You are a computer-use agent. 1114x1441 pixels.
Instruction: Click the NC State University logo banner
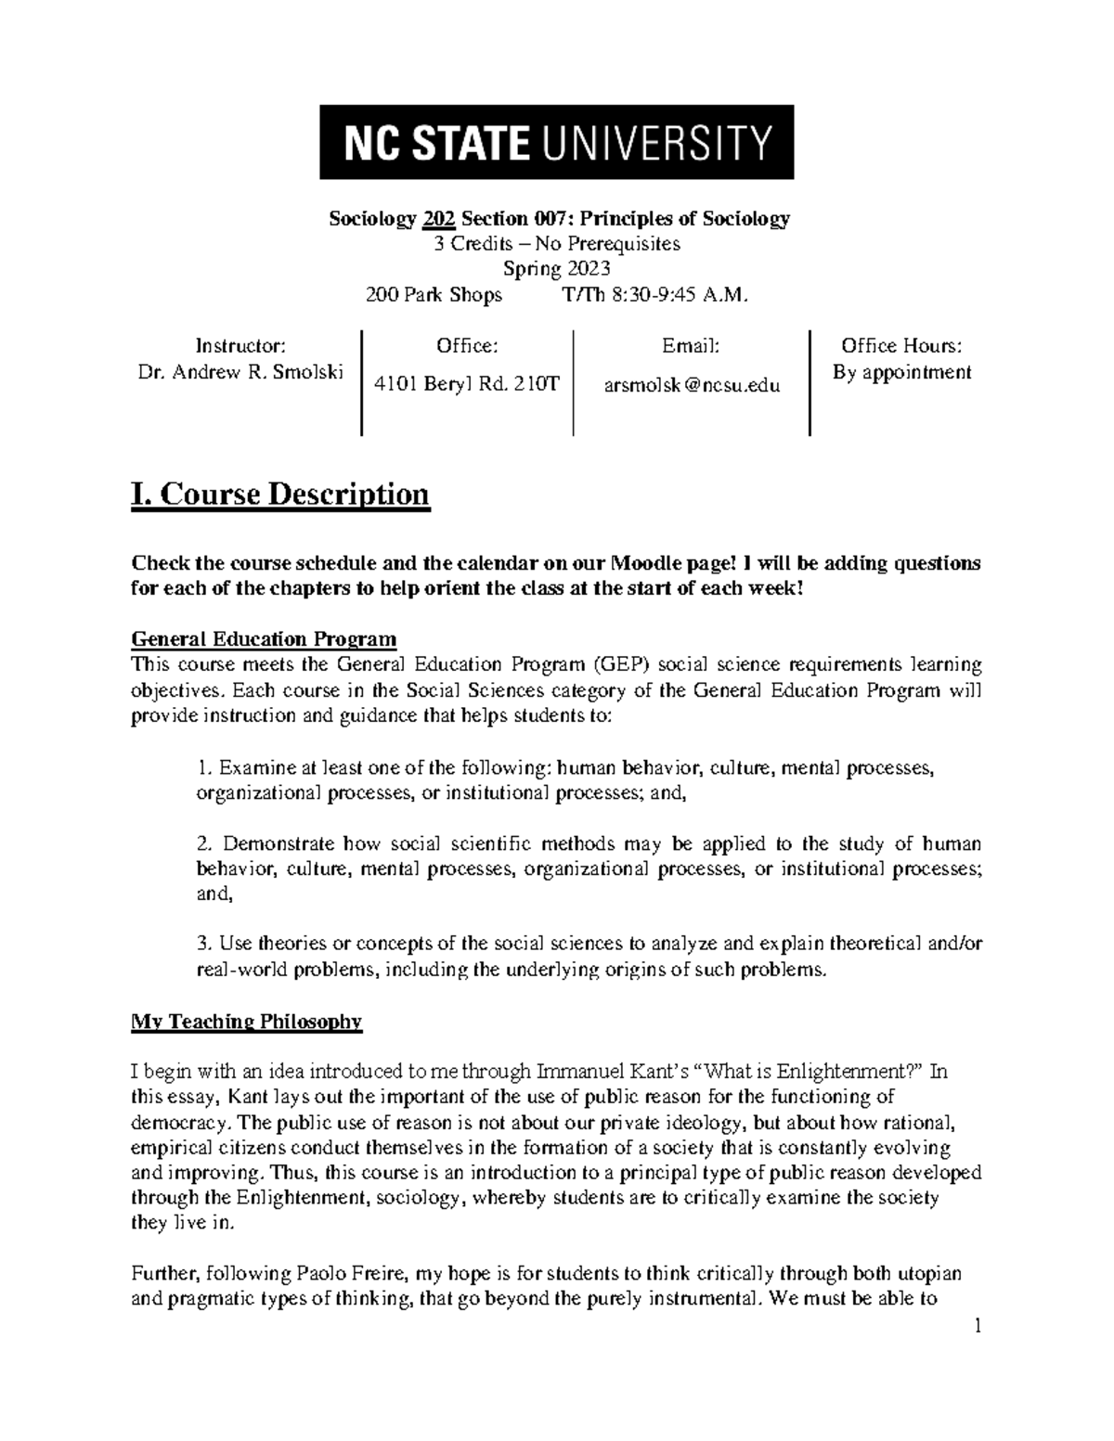point(556,142)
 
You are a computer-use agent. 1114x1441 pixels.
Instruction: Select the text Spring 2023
point(556,269)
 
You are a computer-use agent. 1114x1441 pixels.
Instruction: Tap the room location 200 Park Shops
point(434,295)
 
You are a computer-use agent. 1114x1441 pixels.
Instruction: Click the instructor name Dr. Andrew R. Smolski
point(240,372)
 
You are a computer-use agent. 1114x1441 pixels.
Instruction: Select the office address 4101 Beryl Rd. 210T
point(466,384)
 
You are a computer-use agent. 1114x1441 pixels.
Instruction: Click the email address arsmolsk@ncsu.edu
point(692,385)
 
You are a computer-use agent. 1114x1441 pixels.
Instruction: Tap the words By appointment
point(901,372)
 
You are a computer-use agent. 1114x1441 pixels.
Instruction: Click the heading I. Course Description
point(280,494)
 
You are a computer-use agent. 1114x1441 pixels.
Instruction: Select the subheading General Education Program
point(264,639)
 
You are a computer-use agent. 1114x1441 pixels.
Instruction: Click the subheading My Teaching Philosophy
point(246,1022)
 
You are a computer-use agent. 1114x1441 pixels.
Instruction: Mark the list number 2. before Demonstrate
point(205,844)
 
